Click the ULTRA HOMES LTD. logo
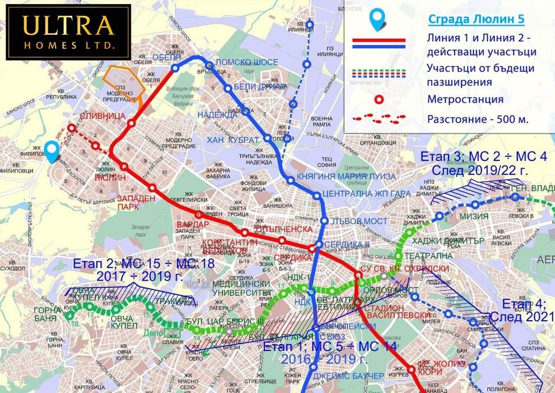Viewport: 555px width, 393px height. coord(68,32)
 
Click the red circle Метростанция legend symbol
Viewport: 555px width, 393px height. coord(379,100)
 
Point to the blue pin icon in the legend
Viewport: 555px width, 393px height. coord(379,19)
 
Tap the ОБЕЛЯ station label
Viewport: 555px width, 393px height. coord(166,57)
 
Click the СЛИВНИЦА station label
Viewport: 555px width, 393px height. coord(104,116)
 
